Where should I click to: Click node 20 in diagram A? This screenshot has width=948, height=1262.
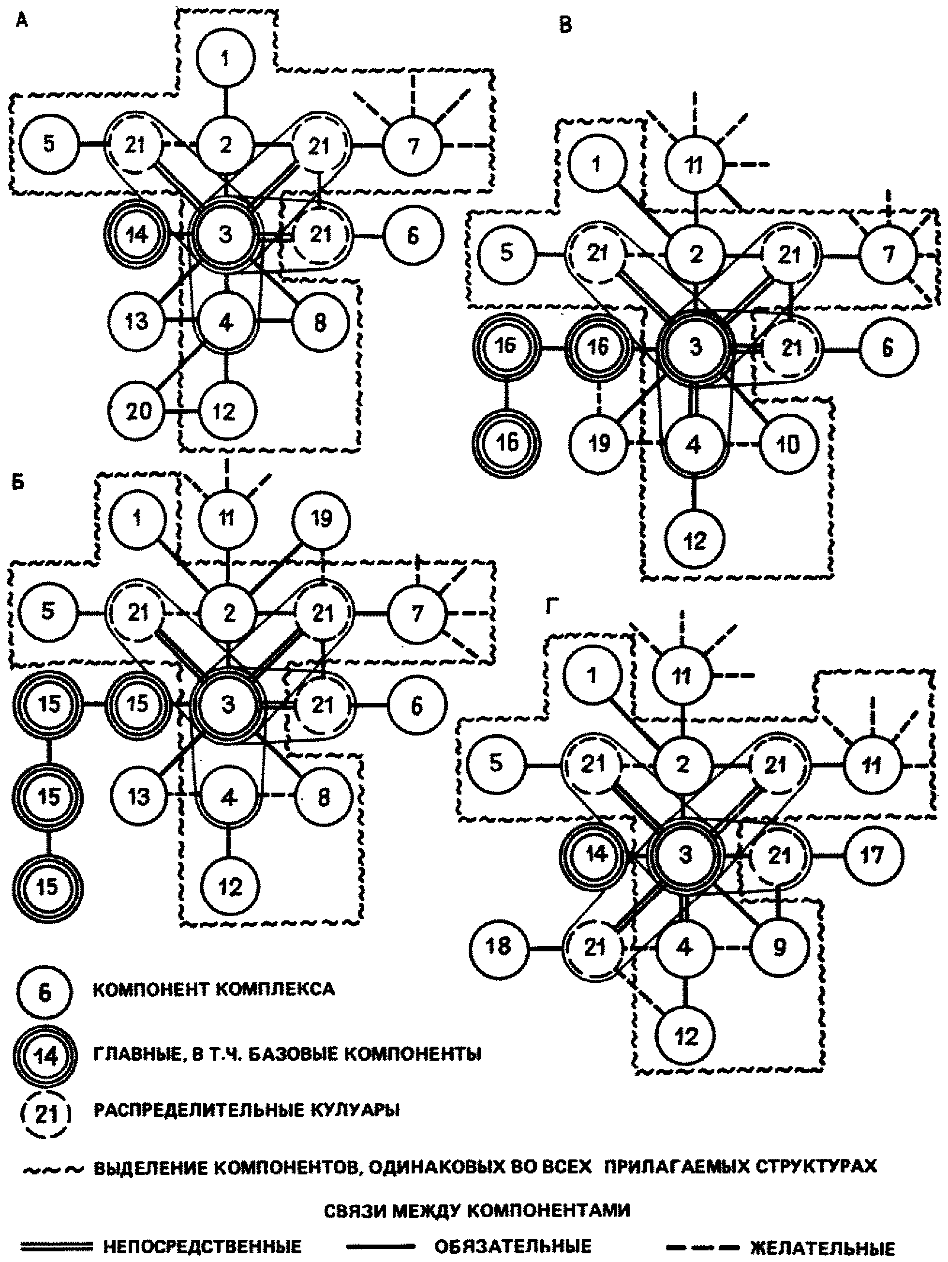pyautogui.click(x=138, y=410)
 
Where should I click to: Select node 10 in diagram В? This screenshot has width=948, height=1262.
pyautogui.click(x=788, y=444)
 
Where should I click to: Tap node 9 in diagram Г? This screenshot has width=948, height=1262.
pyautogui.click(x=779, y=947)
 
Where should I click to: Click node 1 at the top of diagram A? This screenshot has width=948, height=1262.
pyautogui.click(x=225, y=58)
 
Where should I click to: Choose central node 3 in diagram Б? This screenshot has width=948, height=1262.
pyautogui.click(x=228, y=705)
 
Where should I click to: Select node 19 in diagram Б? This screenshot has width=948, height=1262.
pyautogui.click(x=321, y=519)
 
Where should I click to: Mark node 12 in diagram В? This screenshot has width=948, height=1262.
pyautogui.click(x=694, y=540)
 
